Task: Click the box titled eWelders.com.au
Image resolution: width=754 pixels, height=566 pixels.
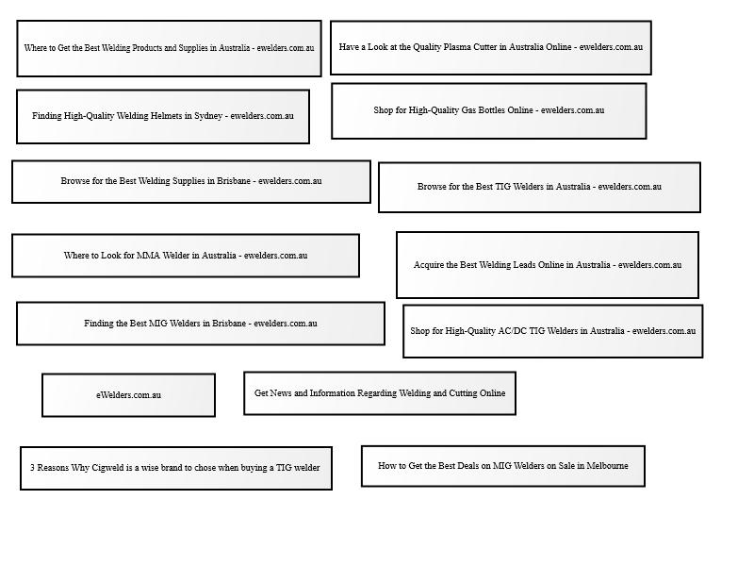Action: [128, 395]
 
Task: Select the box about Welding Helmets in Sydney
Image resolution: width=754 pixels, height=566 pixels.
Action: [163, 116]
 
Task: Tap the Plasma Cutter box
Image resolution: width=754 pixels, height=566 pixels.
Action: [491, 48]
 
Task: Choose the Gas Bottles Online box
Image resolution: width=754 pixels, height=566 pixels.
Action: [489, 111]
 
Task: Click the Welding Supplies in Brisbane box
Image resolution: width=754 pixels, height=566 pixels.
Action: [191, 182]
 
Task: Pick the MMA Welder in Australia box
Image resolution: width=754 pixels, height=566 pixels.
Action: [186, 256]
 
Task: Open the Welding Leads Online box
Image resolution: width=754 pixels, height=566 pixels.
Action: [548, 265]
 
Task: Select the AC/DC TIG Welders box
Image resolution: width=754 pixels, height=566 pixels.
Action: [553, 331]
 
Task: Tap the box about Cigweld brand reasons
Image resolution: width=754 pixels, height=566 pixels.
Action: [176, 468]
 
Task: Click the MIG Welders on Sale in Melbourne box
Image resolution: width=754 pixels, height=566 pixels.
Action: [503, 466]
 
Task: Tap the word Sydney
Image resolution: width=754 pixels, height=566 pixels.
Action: [208, 116]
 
